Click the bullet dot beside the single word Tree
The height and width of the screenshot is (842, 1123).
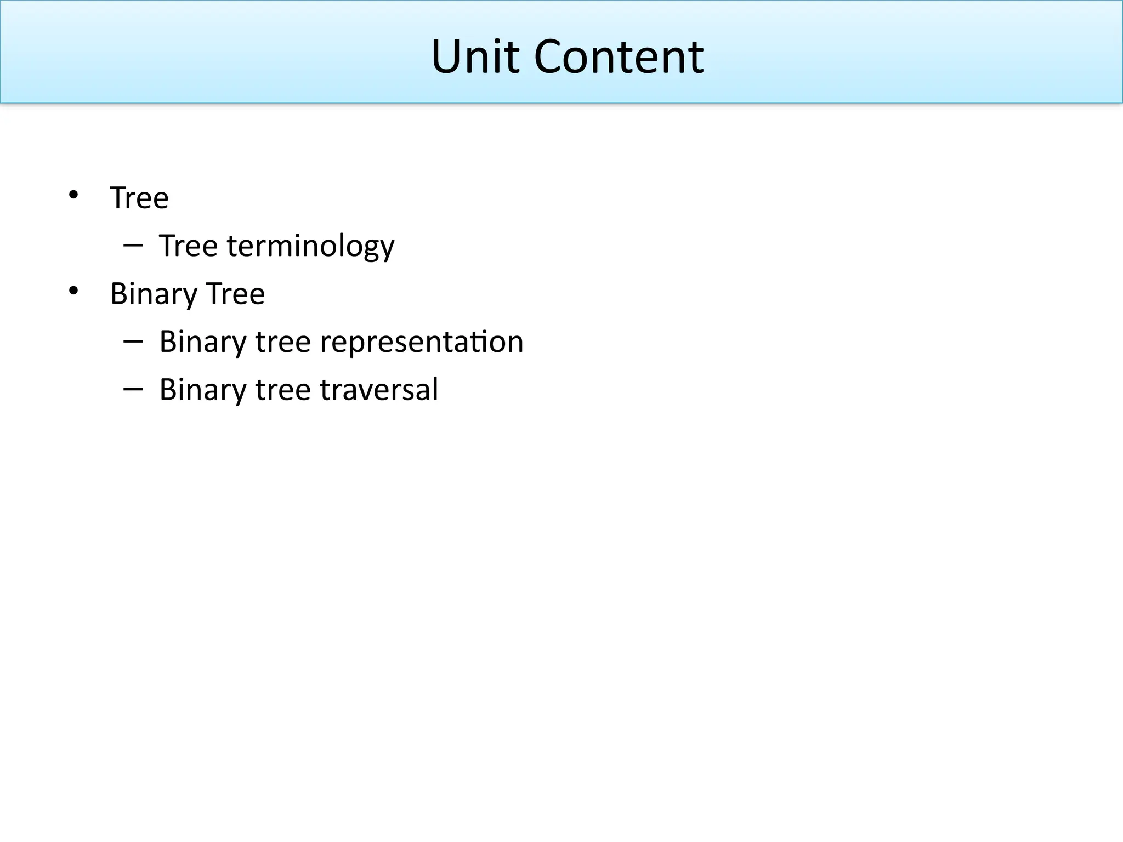(73, 195)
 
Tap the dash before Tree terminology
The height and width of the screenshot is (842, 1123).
(133, 244)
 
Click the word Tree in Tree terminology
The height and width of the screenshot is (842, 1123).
(188, 246)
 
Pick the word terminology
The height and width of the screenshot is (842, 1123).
(310, 247)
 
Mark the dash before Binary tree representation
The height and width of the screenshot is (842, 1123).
(133, 341)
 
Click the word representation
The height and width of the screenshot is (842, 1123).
(421, 343)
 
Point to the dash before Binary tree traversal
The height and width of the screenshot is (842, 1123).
(133, 389)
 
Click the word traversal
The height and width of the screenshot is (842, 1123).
(379, 390)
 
